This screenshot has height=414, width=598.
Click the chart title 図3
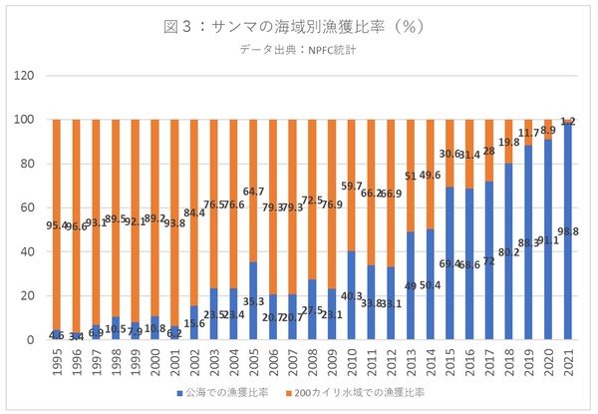click(x=298, y=27)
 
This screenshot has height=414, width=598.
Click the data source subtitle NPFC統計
click(x=298, y=50)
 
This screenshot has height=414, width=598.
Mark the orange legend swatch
click(x=291, y=393)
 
